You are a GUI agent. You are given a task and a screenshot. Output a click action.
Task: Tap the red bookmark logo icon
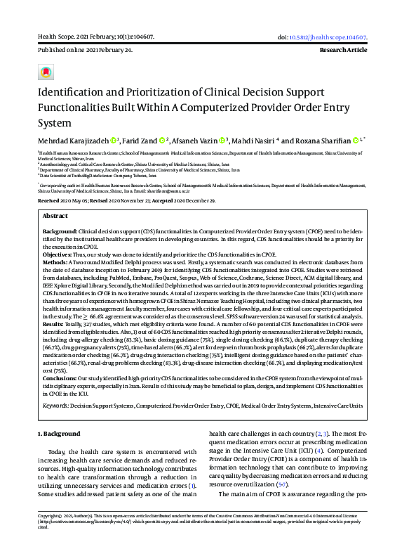46,72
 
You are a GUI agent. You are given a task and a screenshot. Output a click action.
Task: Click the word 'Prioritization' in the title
154,93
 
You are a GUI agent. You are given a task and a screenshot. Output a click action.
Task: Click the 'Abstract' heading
55,216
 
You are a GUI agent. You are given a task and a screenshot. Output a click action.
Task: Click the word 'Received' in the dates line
49,200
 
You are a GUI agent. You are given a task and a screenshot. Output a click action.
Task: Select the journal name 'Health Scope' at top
55,37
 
